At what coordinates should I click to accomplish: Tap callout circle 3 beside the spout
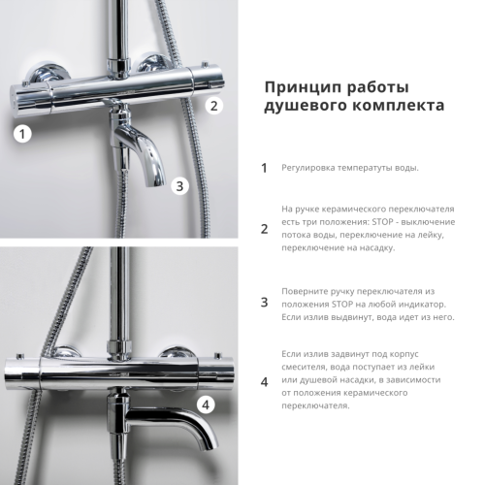178,186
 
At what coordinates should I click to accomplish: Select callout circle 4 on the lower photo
206,405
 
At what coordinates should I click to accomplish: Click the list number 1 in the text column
264,168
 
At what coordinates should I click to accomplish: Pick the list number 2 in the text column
264,229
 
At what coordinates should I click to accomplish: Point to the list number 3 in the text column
264,303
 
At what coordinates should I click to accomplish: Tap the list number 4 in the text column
264,381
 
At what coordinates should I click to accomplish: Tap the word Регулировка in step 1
308,168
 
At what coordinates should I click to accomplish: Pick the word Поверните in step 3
305,289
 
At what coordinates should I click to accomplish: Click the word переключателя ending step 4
315,405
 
